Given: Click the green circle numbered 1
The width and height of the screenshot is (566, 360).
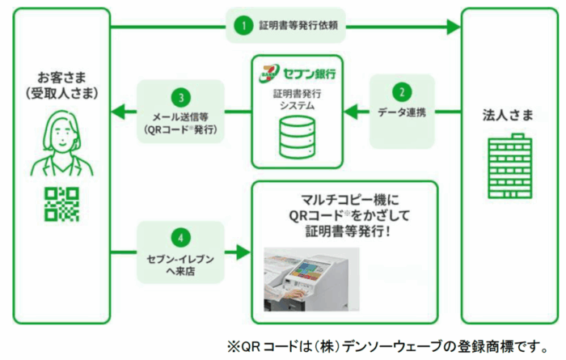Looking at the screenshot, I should (239, 25).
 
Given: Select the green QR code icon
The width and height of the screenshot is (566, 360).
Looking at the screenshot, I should (61, 204).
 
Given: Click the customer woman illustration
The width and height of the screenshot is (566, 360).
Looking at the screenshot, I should (61, 143).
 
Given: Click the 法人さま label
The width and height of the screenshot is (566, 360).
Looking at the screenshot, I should (506, 115).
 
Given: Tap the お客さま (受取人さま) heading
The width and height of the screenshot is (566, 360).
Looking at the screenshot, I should (61, 86).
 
